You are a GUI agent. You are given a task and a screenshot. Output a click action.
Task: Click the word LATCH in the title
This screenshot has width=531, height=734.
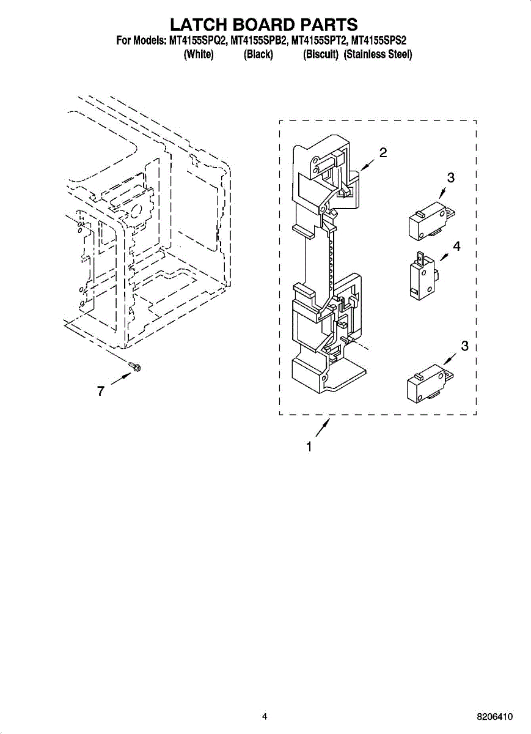[x=196, y=24]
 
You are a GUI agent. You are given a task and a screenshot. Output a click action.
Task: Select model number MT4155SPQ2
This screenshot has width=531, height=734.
[x=194, y=41]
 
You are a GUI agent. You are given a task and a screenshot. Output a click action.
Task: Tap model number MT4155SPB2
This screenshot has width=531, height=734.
[x=256, y=41]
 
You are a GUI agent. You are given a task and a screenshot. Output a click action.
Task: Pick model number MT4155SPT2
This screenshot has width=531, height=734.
[x=318, y=41]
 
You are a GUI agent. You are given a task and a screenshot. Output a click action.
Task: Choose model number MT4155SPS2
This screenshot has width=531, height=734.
[x=379, y=41]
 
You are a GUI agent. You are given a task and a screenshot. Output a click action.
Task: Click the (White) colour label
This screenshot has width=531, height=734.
[x=199, y=54]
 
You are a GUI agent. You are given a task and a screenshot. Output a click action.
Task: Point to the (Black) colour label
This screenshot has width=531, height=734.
[x=258, y=54]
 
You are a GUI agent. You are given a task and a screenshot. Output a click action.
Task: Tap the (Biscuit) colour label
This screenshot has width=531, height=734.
[x=321, y=54]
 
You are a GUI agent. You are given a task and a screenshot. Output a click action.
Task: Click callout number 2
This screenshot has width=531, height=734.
[x=383, y=153]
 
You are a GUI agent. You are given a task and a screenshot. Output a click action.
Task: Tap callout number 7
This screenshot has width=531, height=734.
[x=100, y=391]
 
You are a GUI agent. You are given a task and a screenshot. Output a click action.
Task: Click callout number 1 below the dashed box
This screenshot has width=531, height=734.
[x=310, y=447]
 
